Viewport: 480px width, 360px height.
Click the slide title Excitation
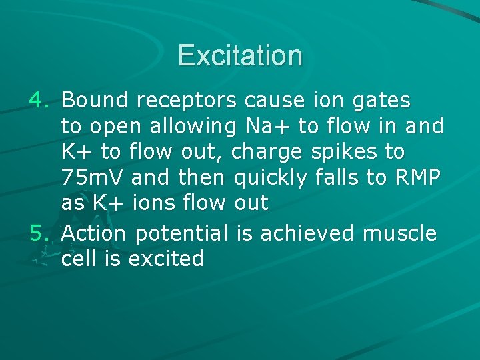[240, 55]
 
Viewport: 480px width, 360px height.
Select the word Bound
[94, 101]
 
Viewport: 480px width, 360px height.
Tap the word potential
[181, 235]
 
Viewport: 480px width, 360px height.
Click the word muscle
[399, 233]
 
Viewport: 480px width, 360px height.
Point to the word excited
[166, 258]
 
